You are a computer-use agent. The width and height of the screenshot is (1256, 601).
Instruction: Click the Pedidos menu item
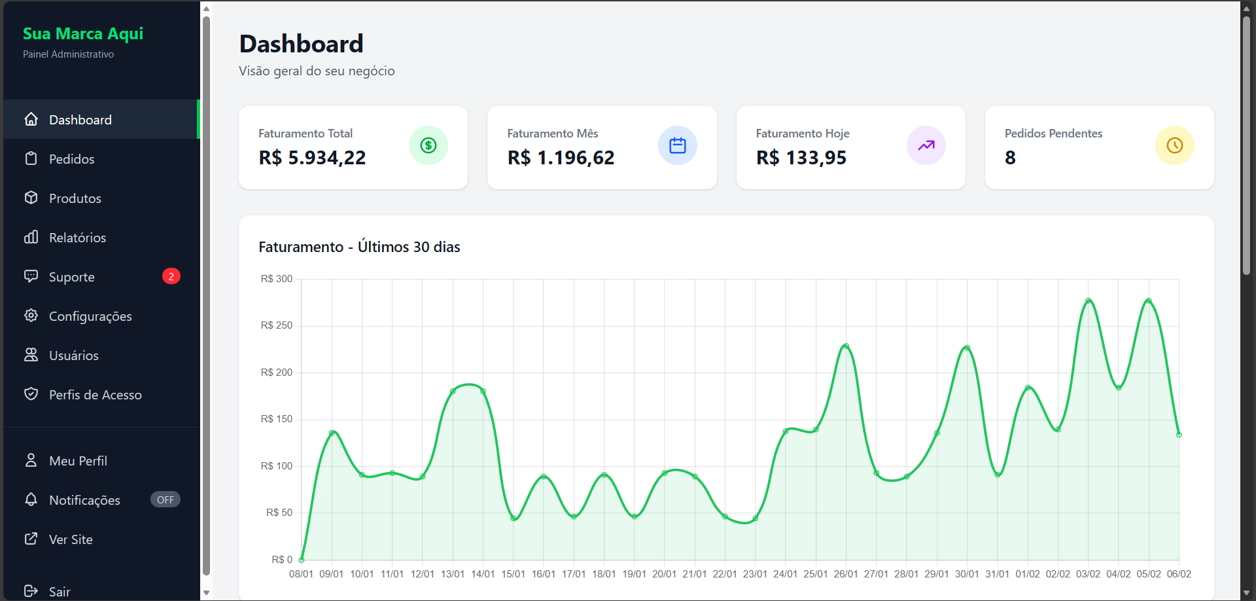coord(71,159)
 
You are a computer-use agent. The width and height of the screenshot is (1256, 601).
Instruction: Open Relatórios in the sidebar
coord(77,238)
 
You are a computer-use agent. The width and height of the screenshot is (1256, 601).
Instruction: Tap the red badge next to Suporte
coord(171,276)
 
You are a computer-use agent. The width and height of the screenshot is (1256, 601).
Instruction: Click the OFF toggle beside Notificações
coord(166,500)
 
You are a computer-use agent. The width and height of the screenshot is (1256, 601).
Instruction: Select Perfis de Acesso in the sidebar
coord(95,395)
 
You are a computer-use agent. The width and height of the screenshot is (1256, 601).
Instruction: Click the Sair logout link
coord(59,591)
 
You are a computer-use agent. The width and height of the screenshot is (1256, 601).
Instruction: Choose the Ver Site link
coord(71,539)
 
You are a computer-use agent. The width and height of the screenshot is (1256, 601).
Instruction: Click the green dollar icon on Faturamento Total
coord(428,145)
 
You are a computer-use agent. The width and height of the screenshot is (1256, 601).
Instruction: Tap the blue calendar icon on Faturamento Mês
coord(678,145)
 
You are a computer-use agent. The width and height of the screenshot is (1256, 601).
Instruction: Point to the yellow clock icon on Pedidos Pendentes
coord(1175,145)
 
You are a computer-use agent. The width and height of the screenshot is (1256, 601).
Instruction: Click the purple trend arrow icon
coord(926,145)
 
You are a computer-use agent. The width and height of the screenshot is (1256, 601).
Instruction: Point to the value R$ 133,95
coord(801,158)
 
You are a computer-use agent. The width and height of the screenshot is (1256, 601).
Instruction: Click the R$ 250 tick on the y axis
coord(277,325)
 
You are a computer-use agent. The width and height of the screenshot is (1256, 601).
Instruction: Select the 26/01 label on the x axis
coord(846,574)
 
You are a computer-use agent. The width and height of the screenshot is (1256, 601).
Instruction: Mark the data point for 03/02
coord(1089,301)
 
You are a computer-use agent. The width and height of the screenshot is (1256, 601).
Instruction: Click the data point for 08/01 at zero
coord(302,560)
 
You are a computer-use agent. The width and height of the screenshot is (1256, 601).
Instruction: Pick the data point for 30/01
coord(967,348)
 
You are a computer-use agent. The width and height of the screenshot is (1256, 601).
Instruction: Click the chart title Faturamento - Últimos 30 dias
coord(359,247)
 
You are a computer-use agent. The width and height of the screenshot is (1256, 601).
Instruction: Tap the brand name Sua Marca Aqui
coord(83,33)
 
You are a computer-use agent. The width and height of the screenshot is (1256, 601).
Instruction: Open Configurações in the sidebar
coord(90,316)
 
